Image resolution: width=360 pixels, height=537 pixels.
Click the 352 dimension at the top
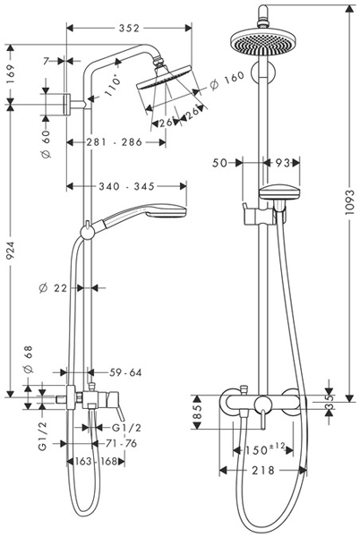click(129, 29)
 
